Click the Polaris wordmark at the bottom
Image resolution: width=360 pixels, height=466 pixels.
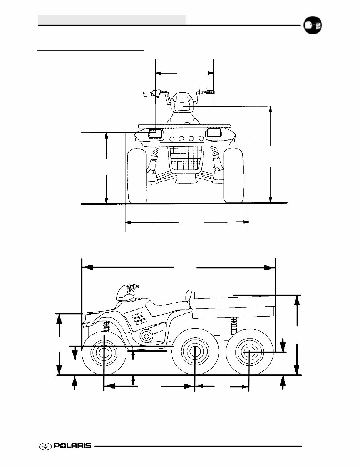click(72, 446)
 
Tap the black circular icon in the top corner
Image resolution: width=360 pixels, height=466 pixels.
click(312, 26)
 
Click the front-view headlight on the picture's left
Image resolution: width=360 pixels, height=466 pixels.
click(156, 133)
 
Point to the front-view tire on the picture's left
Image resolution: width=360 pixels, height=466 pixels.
click(137, 176)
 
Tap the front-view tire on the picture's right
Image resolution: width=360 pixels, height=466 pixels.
click(233, 176)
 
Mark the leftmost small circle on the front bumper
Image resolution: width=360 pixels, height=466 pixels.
click(172, 139)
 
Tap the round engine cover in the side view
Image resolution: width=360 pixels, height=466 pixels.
click(146, 336)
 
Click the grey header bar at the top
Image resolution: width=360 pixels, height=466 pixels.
click(112, 19)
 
